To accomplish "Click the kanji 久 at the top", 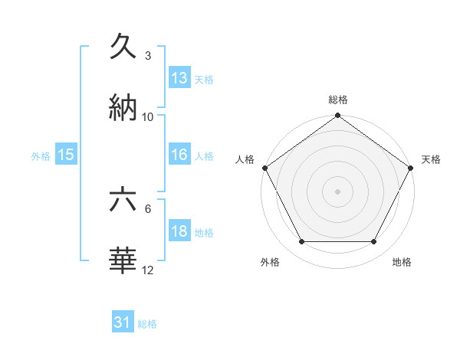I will point(124,47).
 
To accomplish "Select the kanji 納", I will point(124,108).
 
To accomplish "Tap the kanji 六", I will point(124,201).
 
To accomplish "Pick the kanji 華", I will point(124,261).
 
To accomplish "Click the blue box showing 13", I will point(179,78).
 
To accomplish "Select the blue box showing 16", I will point(179,155).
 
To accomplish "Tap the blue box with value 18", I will point(179,231).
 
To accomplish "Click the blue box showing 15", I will point(66,155).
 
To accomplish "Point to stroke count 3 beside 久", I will point(148,56).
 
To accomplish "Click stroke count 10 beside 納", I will point(148,116).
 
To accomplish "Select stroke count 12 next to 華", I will point(148,270).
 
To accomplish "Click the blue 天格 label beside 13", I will point(204,79).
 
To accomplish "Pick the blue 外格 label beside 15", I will point(41,155).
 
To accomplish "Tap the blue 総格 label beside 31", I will point(147,324).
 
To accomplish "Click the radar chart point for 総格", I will point(337,116).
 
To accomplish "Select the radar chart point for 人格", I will point(265,168).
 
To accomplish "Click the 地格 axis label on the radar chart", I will point(402,263).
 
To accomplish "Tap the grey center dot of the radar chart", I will point(337,191).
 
